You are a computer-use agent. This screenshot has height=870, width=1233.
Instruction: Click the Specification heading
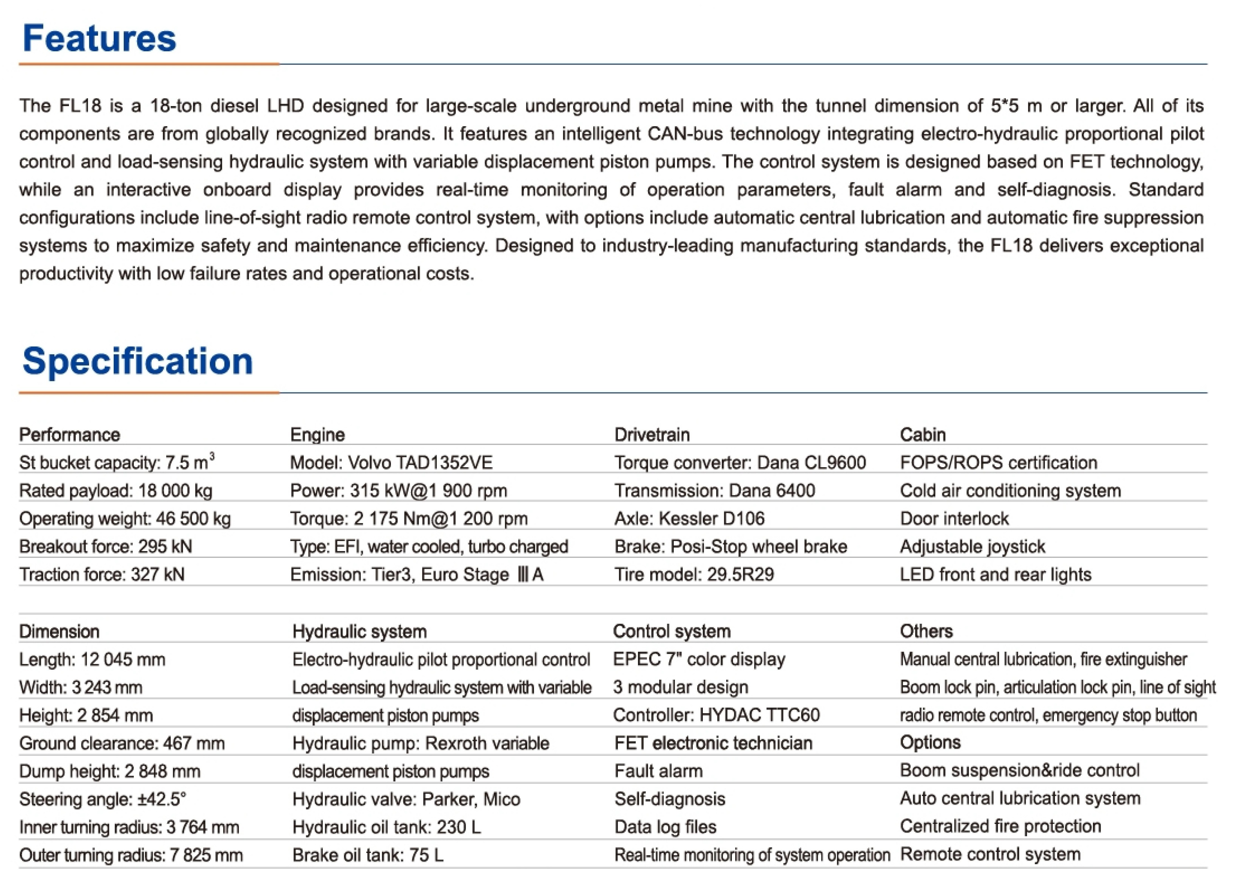[138, 360]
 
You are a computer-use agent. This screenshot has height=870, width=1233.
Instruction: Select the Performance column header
[69, 434]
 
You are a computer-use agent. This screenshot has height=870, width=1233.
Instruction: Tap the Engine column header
[317, 434]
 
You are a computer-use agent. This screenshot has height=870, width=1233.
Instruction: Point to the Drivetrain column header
[652, 434]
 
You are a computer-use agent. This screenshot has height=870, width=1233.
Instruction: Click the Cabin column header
[922, 434]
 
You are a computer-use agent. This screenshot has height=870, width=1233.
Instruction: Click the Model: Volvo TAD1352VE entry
[391, 462]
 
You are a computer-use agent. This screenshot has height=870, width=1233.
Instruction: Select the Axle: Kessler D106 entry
[690, 518]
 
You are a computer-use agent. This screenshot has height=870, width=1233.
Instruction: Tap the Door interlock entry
[954, 518]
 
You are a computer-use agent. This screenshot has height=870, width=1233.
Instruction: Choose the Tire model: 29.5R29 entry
[694, 574]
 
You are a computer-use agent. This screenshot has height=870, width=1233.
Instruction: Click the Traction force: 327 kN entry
[102, 574]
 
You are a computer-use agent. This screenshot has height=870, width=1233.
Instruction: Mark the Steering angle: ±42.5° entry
[103, 799]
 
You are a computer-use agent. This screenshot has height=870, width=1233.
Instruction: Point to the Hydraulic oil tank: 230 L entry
[387, 827]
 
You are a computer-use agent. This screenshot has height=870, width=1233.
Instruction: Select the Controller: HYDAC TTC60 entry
[716, 715]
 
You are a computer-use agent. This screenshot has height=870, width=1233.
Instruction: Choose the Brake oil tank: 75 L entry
[368, 855]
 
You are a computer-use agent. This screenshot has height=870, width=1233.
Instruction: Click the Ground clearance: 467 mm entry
[122, 743]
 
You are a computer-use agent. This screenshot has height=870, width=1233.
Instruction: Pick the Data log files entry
[665, 827]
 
